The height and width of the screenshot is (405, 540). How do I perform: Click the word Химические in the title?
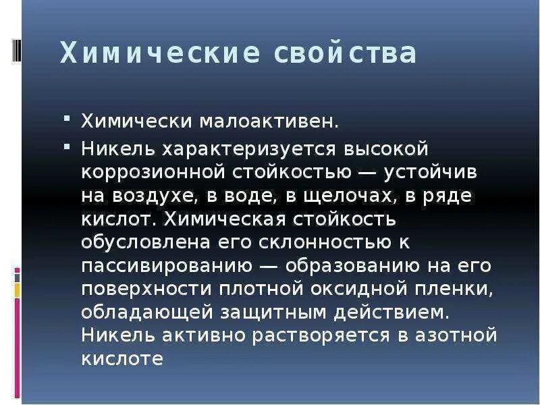[159, 53]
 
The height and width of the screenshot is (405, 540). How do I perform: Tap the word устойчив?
[431, 171]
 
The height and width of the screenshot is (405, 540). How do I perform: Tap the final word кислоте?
[122, 359]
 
